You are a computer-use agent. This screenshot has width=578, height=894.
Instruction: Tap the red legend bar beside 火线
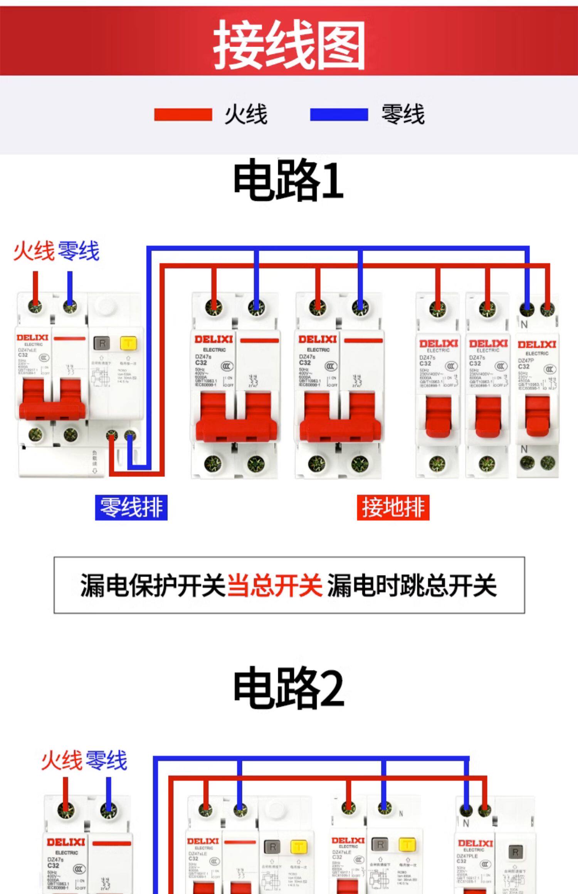pyautogui.click(x=183, y=115)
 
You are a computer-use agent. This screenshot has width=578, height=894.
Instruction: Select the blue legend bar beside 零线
pyautogui.click(x=339, y=115)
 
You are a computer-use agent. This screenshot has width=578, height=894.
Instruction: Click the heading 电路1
pyautogui.click(x=288, y=180)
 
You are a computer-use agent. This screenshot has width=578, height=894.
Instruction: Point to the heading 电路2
pyautogui.click(x=288, y=688)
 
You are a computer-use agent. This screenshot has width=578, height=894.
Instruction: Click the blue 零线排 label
pyautogui.click(x=131, y=507)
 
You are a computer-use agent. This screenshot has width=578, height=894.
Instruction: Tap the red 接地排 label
pyautogui.click(x=393, y=507)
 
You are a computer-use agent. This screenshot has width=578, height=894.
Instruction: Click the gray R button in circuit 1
pyautogui.click(x=102, y=343)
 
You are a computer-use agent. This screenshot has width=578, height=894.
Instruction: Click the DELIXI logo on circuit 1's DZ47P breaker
pyautogui.click(x=537, y=344)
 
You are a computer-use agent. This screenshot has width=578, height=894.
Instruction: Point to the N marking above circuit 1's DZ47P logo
pyautogui.click(x=524, y=325)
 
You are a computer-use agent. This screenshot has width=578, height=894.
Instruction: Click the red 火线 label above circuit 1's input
pyautogui.click(x=34, y=251)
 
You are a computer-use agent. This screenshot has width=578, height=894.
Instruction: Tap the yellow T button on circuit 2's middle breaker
pyautogui.click(x=407, y=844)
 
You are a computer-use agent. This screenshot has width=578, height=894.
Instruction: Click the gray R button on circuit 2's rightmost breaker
pyautogui.click(x=516, y=852)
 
